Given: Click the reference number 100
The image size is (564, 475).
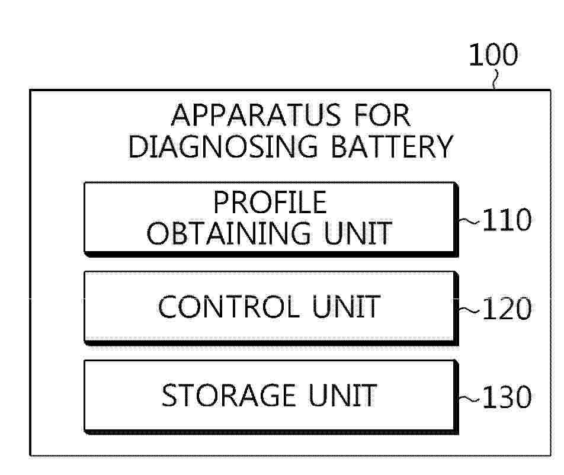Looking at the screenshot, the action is pos(493,54).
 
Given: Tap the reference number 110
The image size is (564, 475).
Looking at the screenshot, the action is pos(507,220).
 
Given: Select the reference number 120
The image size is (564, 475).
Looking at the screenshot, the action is pos(507,309).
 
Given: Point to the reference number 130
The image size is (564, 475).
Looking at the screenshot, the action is pos(507,397).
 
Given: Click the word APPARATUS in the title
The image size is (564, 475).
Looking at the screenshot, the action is pos(256,115).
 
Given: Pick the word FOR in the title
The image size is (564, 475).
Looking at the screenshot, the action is pos(382,115).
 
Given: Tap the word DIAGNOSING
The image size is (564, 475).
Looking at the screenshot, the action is pos(223,146).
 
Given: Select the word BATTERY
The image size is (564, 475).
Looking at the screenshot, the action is pos(392,146).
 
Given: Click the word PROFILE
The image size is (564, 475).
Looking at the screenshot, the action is pos(270,202).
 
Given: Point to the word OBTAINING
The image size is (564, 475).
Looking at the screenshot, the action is pos(229,233).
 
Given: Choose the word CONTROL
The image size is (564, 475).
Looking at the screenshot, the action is pos(229,307).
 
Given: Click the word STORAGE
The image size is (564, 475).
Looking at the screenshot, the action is pos(229,396).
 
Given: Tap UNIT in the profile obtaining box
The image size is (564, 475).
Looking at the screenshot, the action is pos(358,233).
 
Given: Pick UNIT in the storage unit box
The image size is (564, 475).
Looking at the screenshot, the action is pos(342,396).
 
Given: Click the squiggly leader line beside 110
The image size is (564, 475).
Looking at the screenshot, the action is pos(469,221).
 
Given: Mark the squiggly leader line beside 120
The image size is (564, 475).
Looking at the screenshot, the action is pos(469,310).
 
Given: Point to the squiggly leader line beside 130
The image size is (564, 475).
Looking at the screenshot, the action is pos(469,399).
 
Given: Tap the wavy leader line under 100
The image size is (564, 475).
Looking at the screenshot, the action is pos(496,80).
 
